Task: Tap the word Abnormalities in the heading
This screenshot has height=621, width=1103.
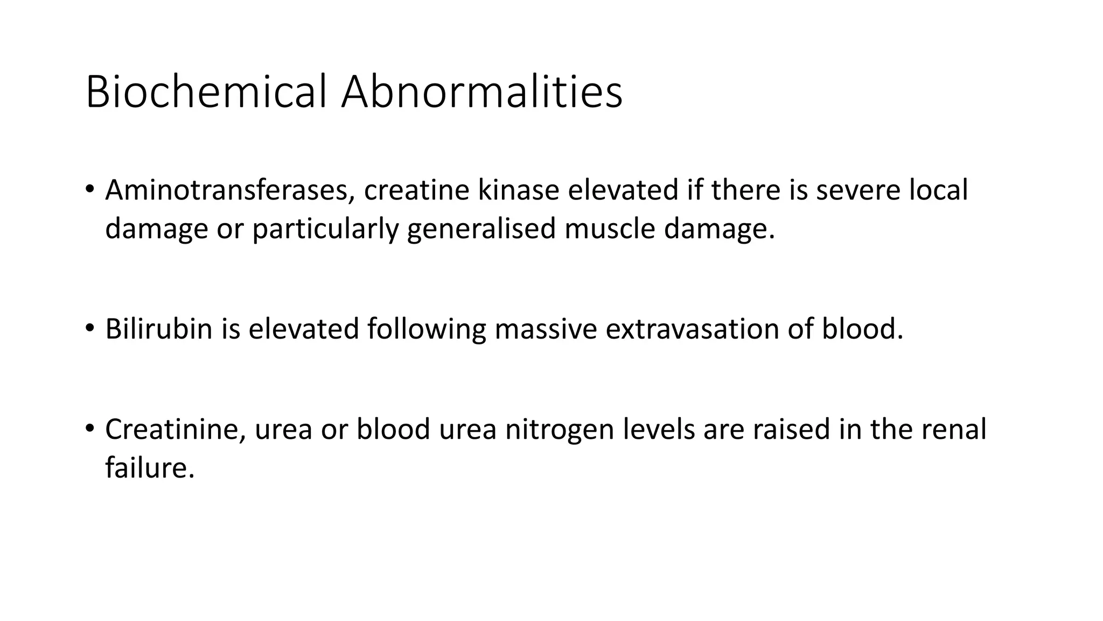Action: click(x=481, y=92)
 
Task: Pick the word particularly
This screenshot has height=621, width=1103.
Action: click(x=325, y=229)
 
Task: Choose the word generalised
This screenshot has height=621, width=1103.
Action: click(x=481, y=229)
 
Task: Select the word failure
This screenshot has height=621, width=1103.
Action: click(x=149, y=467)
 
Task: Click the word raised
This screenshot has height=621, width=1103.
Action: click(x=791, y=429)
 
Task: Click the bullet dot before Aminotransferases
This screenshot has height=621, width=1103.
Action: click(x=89, y=190)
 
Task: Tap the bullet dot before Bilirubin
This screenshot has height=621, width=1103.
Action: click(x=89, y=328)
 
